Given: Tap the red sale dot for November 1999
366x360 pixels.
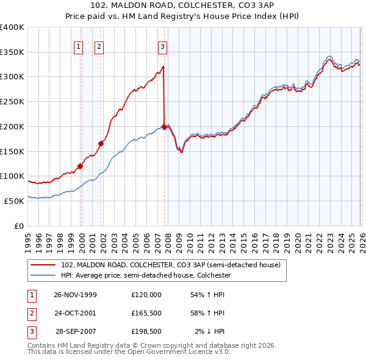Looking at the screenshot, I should [x=80, y=165].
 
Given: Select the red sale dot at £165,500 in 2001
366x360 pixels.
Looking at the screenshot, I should [x=101, y=143].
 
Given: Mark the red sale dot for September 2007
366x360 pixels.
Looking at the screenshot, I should [x=164, y=127].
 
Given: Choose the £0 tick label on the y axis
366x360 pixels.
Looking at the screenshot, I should [x=18, y=226].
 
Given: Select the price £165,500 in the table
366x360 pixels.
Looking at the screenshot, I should [x=146, y=313].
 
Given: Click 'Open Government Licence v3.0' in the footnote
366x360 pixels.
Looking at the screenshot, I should [x=176, y=352].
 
